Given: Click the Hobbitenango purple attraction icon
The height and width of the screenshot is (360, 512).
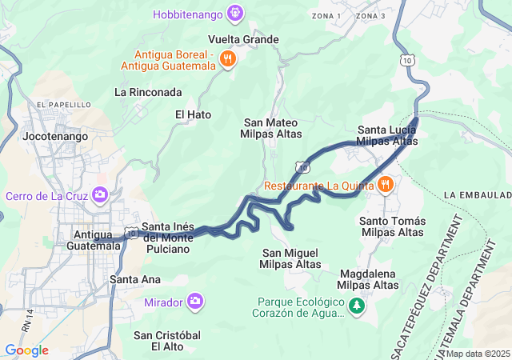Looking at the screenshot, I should pyautogui.click(x=234, y=12).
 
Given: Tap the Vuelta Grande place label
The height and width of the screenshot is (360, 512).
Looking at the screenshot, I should pyautogui.click(x=243, y=39).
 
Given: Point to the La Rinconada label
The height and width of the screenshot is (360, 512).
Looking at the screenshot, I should pyautogui.click(x=148, y=92).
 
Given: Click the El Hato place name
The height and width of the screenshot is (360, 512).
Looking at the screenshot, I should pyautogui.click(x=193, y=114).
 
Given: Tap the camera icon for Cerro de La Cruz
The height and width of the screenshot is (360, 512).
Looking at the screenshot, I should pyautogui.click(x=100, y=194).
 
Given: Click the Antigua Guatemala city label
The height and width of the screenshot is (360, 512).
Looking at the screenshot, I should pyautogui.click(x=97, y=239).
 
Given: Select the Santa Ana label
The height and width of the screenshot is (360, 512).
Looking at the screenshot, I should pyautogui.click(x=135, y=279).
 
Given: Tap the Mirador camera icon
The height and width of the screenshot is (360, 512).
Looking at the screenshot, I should pyautogui.click(x=195, y=302).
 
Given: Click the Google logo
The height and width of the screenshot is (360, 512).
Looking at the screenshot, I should pyautogui.click(x=26, y=350).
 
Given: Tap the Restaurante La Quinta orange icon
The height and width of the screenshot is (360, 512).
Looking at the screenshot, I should pyautogui.click(x=386, y=185).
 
